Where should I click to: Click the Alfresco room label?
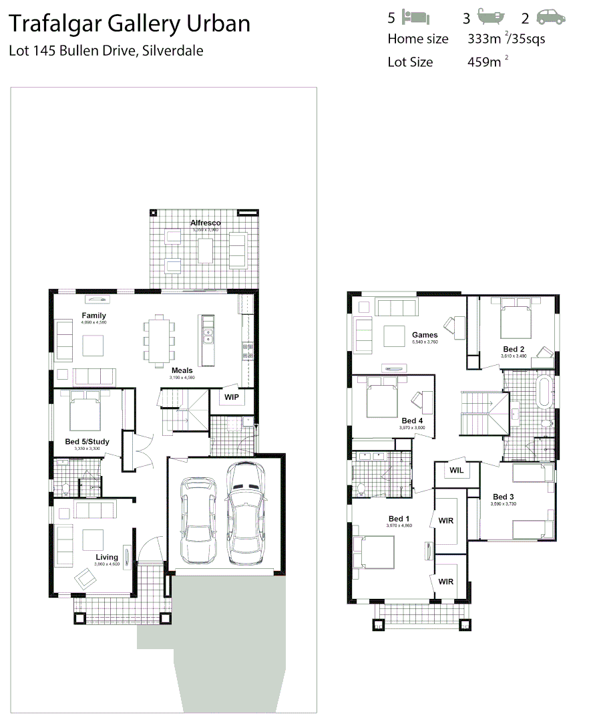tap(205, 223)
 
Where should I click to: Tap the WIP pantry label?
tap(231, 397)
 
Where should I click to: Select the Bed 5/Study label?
tap(87, 441)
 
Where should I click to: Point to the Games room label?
tap(425, 335)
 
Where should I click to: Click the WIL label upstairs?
tap(457, 470)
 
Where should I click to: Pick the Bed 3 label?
tap(504, 497)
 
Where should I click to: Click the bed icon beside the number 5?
tap(417, 17)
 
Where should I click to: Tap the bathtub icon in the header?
tap(492, 17)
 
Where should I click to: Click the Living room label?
tap(107, 557)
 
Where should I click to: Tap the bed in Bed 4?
tap(381, 399)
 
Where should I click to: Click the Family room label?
tap(94, 316)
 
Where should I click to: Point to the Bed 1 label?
tap(399, 519)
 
